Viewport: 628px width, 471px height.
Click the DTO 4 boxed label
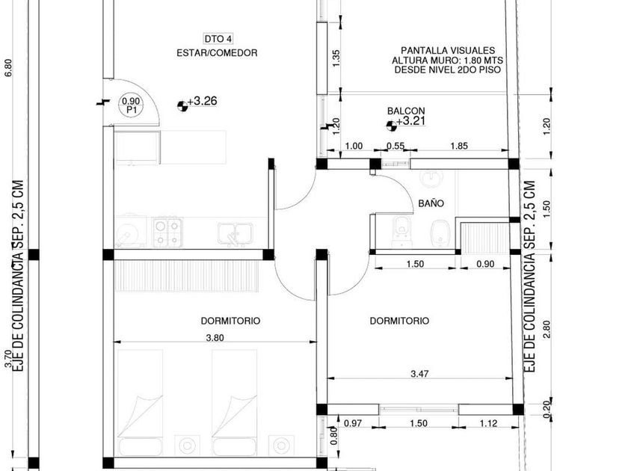tap(218, 39)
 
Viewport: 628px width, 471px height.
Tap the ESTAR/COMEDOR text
tap(217, 53)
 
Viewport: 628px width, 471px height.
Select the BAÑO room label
tap(431, 203)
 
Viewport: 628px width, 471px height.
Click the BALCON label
tap(406, 111)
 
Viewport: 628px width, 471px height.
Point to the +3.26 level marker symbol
tap(182, 105)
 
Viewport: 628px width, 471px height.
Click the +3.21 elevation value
tap(410, 121)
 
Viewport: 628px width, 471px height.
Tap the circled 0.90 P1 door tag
tap(131, 105)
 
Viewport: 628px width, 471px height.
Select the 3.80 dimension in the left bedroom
tap(215, 338)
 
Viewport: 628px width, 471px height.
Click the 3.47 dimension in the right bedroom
tap(419, 374)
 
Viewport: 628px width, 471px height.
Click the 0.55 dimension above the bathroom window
tap(395, 146)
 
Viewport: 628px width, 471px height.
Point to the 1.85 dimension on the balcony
tap(459, 146)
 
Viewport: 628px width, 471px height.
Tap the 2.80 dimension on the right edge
tap(547, 329)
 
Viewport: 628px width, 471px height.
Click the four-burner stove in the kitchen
tap(167, 233)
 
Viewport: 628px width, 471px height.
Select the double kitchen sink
tap(235, 234)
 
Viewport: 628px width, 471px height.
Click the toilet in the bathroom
tap(401, 231)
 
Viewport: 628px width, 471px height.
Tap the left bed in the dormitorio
tap(141, 402)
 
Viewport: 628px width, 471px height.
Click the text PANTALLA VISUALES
tap(448, 51)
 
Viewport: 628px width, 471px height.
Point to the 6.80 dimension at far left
tap(8, 68)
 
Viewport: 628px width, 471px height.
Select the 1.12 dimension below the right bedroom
tap(488, 423)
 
